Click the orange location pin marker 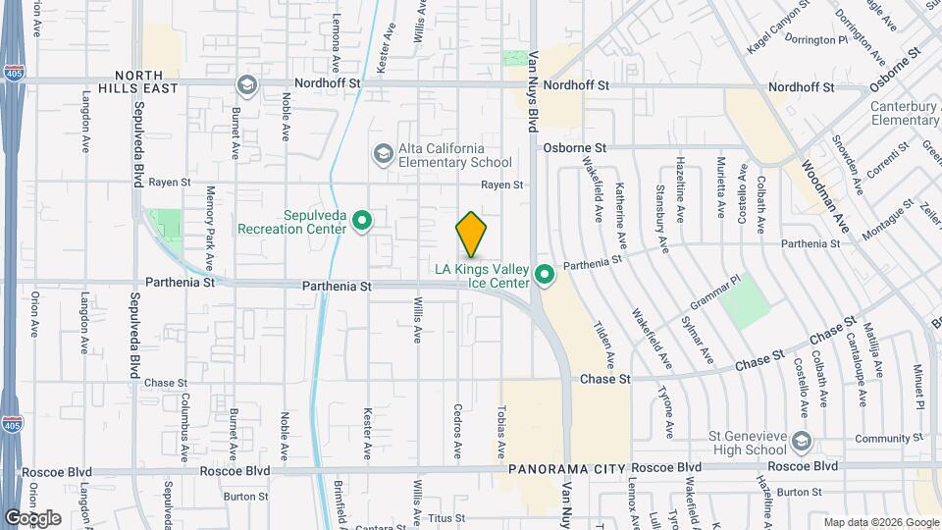[x=471, y=234]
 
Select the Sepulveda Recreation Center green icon [x=361, y=221]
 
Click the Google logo [x=32, y=517]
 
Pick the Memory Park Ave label [x=209, y=227]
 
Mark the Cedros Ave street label [x=457, y=432]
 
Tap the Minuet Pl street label [x=919, y=388]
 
